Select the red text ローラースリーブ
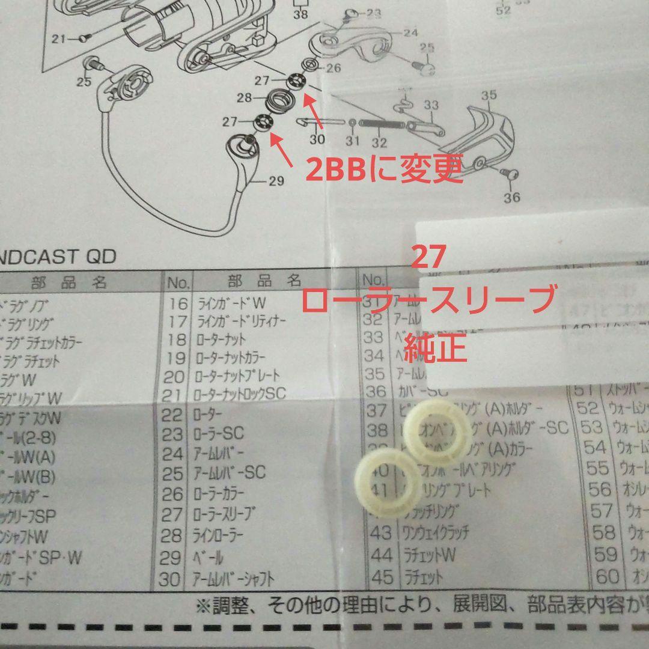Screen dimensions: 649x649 (427, 299)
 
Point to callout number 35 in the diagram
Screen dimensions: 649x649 (489, 95)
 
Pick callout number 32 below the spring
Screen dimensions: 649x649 (379, 142)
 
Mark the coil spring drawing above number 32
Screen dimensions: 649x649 (380, 124)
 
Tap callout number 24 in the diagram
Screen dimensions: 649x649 (410, 33)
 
